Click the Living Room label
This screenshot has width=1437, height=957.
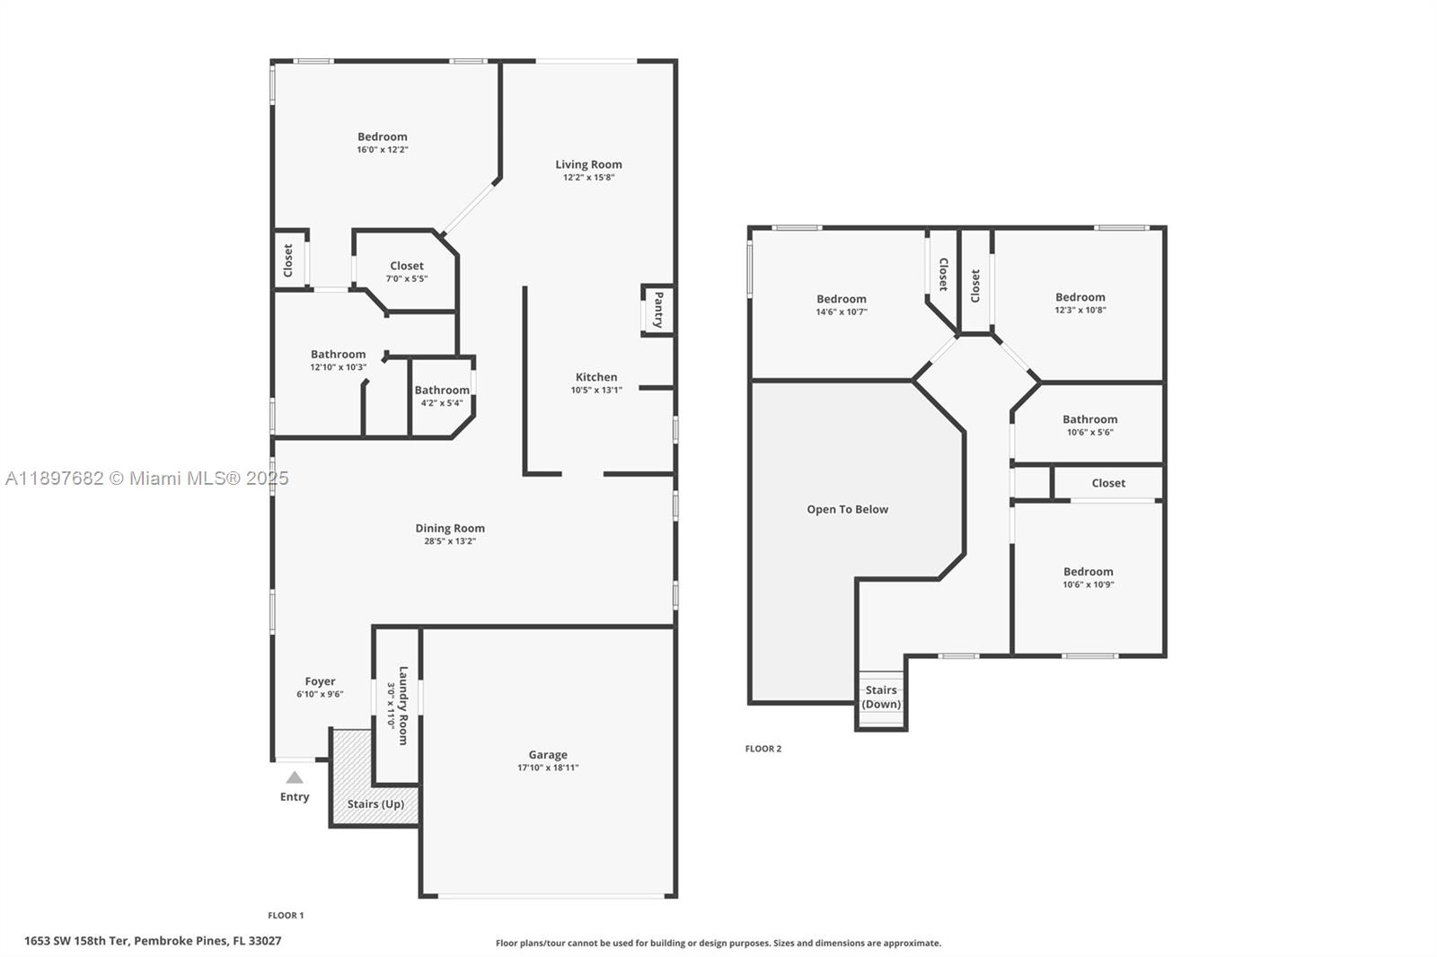(x=588, y=164)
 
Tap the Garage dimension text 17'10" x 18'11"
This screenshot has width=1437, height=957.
(x=548, y=768)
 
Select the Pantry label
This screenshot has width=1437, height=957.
(x=658, y=310)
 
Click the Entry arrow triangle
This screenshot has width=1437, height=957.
(x=295, y=777)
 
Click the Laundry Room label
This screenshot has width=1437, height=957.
(x=403, y=705)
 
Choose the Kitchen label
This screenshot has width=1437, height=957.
(x=596, y=377)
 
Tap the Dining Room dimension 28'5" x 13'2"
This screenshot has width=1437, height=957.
(x=450, y=541)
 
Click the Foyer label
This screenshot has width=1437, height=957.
(x=320, y=681)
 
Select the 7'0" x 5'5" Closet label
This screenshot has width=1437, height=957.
(x=407, y=266)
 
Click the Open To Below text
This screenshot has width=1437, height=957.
(x=847, y=509)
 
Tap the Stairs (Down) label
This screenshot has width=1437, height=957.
(x=881, y=697)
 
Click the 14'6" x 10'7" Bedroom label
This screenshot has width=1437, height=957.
(x=842, y=299)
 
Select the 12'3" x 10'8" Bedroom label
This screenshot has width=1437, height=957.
(x=1080, y=297)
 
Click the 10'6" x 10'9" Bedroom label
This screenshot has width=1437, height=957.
(x=1088, y=572)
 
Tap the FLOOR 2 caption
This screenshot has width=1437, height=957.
(x=763, y=749)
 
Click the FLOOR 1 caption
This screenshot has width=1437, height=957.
(x=286, y=916)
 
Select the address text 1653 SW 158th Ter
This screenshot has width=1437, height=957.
(x=153, y=941)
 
